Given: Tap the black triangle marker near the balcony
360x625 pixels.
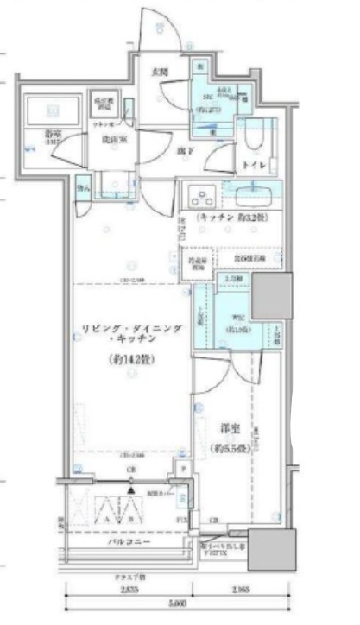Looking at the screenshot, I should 129,490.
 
